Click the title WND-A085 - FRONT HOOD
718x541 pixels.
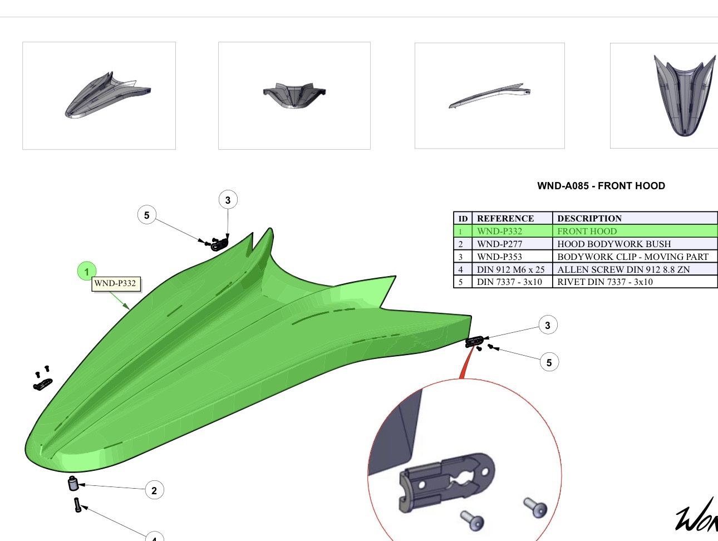click(601, 186)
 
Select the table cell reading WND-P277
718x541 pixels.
click(499, 244)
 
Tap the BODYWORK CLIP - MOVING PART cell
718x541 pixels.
click(632, 257)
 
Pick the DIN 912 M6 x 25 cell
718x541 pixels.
click(510, 269)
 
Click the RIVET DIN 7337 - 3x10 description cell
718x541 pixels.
click(604, 282)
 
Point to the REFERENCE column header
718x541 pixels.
click(505, 218)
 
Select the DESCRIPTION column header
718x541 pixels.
click(589, 218)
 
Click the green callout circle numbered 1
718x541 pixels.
click(87, 272)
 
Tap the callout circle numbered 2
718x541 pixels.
click(154, 490)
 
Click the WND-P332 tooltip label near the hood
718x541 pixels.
click(115, 283)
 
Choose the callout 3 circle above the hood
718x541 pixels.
click(228, 200)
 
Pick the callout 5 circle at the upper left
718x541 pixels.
click(146, 215)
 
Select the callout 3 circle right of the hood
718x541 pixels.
click(548, 325)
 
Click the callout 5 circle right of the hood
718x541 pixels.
click(549, 362)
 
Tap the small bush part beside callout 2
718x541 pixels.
click(73, 483)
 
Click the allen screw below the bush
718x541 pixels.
click(77, 505)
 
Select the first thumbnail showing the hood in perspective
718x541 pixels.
click(99, 95)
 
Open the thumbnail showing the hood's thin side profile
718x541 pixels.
click(489, 96)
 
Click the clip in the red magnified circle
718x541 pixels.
click(445, 480)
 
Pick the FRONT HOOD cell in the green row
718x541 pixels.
click(587, 231)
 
